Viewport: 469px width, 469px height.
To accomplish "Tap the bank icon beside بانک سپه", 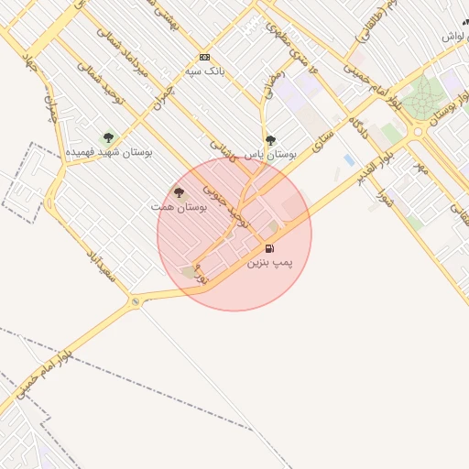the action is coord(204,57).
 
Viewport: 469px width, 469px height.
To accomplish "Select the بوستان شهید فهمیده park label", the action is coord(108,151).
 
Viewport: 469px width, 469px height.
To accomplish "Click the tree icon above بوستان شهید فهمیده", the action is coord(108,137).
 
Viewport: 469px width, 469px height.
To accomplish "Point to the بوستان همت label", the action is coord(180,208).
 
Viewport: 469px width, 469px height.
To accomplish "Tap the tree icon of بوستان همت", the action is coord(179,193).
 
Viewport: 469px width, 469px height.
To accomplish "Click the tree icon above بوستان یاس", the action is coord(270,140).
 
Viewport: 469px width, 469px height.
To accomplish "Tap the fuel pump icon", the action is coord(269,248).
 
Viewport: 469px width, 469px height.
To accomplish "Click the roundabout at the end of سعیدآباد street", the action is coord(136,301).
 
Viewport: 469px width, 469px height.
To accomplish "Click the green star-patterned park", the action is coord(424,96).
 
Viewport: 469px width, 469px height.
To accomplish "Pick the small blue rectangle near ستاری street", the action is coord(349,159).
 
